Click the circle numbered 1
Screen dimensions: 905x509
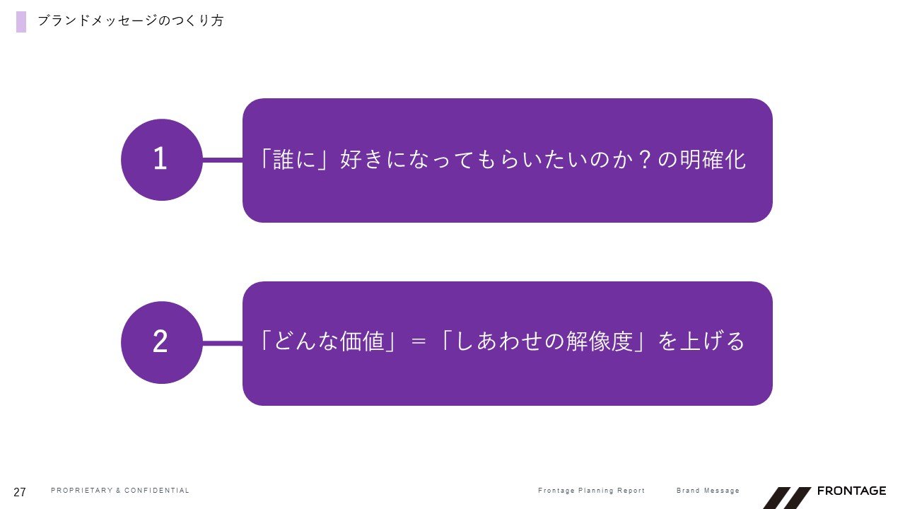(x=162, y=160)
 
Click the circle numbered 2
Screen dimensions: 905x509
(x=162, y=343)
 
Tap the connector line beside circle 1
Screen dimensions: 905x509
(x=223, y=160)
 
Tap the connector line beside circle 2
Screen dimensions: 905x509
(x=223, y=344)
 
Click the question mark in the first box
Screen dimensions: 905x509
(x=646, y=160)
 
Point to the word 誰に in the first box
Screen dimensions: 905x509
(x=294, y=160)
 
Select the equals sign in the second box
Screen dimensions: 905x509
(x=418, y=341)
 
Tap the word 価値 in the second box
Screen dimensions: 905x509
(x=361, y=341)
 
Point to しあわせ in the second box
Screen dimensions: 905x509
(x=499, y=341)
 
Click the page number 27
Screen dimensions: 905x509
(x=20, y=492)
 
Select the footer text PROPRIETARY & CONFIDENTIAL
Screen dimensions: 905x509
(x=120, y=491)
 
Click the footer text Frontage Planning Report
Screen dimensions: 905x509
(x=592, y=491)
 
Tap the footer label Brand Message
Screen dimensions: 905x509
(x=708, y=491)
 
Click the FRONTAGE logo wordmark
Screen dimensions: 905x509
(x=852, y=491)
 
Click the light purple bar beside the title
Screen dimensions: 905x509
(x=21, y=22)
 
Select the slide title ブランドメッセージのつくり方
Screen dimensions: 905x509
(x=131, y=21)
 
